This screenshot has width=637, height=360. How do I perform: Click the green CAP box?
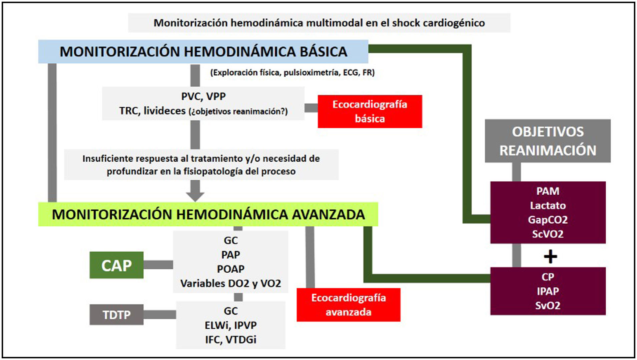click(x=116, y=265)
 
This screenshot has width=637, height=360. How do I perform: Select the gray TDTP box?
click(x=116, y=315)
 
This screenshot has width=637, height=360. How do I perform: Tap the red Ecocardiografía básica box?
click(x=370, y=111)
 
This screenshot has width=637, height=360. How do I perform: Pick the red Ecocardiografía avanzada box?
click(x=349, y=305)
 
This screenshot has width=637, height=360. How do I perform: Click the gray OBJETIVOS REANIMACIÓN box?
click(x=548, y=141)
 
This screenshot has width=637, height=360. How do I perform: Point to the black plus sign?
click(x=550, y=257)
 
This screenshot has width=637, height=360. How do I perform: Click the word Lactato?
click(x=548, y=205)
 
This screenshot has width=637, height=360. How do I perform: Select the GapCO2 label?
click(x=548, y=220)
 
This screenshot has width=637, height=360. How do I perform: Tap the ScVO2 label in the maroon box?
click(x=548, y=234)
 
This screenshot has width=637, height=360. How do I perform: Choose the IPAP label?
click(x=548, y=291)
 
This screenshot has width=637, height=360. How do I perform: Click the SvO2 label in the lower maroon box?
click(x=548, y=305)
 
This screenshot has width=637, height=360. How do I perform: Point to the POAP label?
click(x=230, y=269)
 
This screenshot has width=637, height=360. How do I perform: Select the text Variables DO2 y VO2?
click(x=230, y=283)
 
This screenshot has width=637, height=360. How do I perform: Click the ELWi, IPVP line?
click(x=230, y=325)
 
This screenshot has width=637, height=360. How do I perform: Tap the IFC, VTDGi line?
click(x=230, y=340)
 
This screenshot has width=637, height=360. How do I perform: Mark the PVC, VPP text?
click(x=203, y=96)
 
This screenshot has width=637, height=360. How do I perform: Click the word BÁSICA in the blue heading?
click(x=323, y=52)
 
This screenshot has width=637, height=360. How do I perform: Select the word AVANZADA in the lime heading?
click(x=329, y=214)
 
